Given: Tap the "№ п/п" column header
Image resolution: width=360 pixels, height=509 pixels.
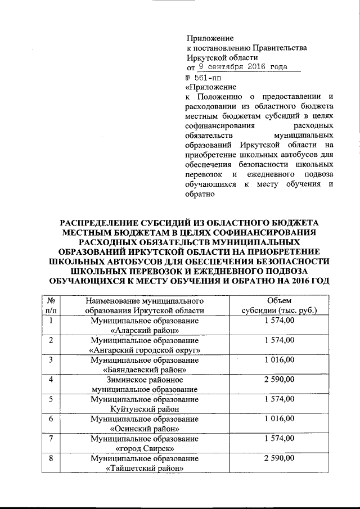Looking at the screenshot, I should point(51,305).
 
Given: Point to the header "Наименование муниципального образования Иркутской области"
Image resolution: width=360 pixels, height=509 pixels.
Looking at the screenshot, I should point(145,305).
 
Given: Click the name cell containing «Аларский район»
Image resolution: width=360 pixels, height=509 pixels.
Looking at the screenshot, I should point(145,325).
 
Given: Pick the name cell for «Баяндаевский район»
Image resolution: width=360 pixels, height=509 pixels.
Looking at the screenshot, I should point(145,365).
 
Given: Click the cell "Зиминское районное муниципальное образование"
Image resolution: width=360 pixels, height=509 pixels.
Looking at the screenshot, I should point(145,385).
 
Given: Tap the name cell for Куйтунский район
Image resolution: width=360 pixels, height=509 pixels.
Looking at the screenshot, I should point(145,404).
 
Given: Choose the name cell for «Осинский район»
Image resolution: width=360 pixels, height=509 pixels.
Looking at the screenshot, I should point(145,424).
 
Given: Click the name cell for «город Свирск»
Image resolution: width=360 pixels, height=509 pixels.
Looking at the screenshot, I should point(145,444).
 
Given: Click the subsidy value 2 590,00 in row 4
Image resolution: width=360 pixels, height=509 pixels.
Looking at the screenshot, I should point(280,380).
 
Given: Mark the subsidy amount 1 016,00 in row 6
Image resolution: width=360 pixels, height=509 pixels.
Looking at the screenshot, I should point(280,420).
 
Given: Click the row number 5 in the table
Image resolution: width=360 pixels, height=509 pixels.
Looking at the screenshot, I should point(51,400).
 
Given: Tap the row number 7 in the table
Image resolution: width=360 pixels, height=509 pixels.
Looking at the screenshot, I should point(51,439).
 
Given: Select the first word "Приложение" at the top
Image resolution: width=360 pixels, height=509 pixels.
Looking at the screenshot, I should point(210,38).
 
